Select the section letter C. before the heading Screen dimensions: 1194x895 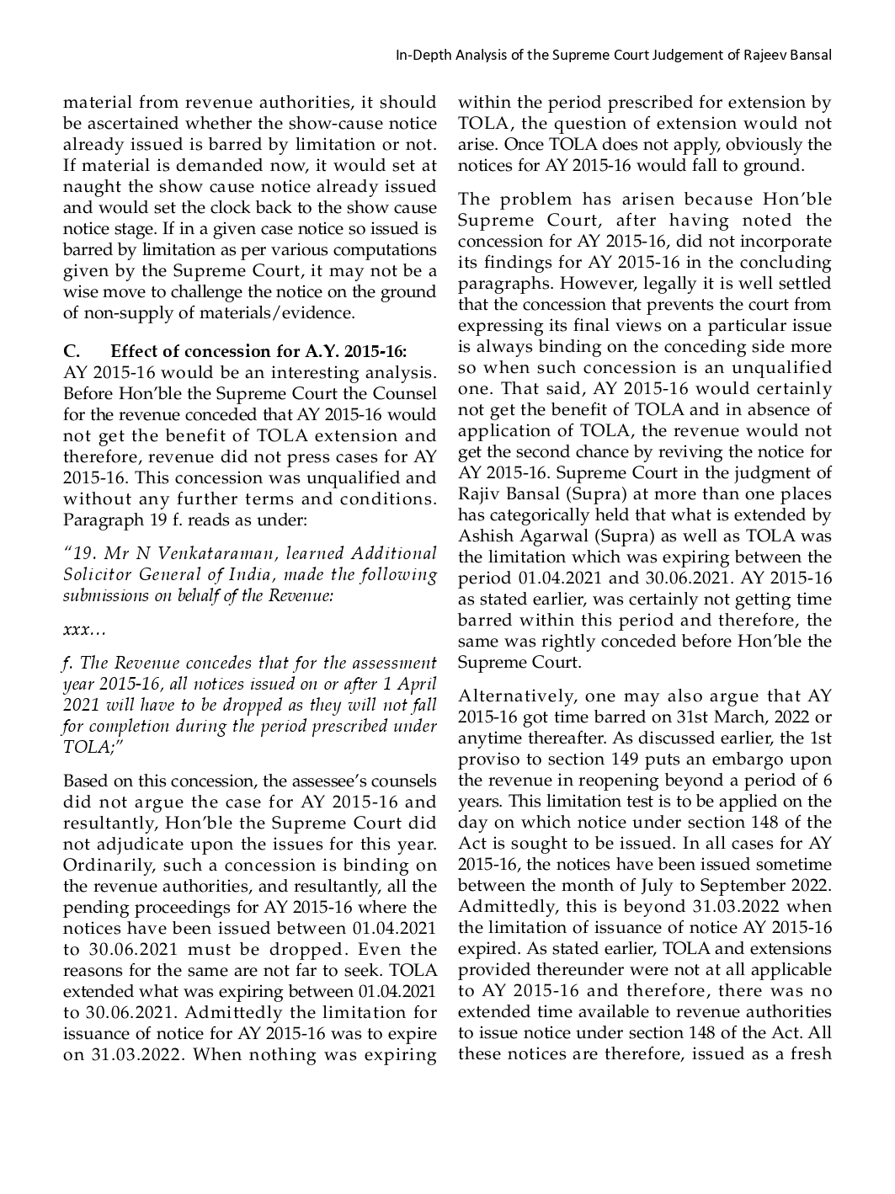pyautogui.click(x=72, y=351)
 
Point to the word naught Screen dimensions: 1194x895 pyautogui.click(x=88, y=187)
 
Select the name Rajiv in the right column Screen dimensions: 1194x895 pyautogui.click(x=480, y=494)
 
